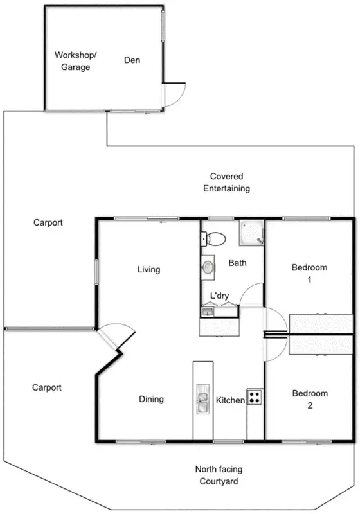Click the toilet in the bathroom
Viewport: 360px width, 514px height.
pos(215,240)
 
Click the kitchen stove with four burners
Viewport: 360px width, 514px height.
pos(255,397)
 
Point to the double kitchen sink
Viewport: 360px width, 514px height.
pos(203,400)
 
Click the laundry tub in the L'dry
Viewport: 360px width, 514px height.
pos(206,312)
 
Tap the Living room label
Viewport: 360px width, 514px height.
pos(148,270)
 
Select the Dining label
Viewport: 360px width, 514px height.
pos(151,399)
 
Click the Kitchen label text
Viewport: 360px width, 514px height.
pos(230,400)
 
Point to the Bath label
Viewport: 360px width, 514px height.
pos(237,263)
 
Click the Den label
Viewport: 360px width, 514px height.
pos(132,60)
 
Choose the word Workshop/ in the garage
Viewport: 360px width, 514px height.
pos(75,55)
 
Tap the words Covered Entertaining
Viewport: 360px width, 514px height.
pos(226,182)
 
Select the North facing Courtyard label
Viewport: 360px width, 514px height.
pos(220,475)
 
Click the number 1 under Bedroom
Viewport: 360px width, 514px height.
pos(309,279)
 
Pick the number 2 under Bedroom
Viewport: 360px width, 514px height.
pos(309,406)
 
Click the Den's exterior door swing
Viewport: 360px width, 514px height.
pos(174,94)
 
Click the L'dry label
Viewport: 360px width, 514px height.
pos(221,296)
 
